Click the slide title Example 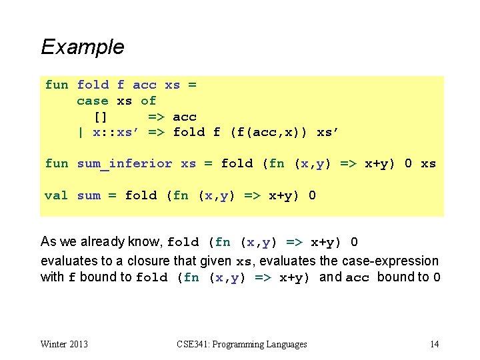point(82,47)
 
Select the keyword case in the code point(92,101)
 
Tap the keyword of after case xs point(148,101)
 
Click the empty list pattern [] point(100,117)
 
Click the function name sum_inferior point(124,163)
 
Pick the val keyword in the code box point(55,195)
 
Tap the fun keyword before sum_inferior point(56,163)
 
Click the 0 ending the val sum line point(313,195)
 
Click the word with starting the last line point(52,277)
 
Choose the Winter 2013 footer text point(64,344)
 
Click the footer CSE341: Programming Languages point(242,344)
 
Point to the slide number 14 point(434,344)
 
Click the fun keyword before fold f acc point(56,85)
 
